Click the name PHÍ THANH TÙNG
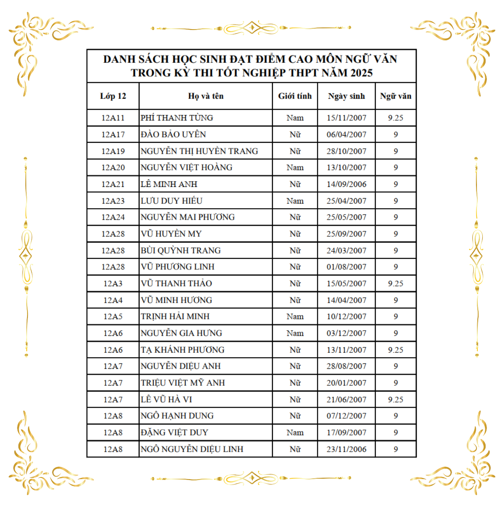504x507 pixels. [x=177, y=118]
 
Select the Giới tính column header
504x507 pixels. [x=295, y=96]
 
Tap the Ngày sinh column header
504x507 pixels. [x=346, y=96]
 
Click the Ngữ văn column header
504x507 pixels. [x=395, y=96]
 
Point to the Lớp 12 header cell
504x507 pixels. [x=113, y=96]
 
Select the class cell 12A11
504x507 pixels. [x=113, y=118]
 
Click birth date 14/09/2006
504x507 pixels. [x=346, y=184]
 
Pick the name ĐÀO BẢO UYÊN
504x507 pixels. [x=173, y=134]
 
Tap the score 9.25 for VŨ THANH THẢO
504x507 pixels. [x=395, y=283]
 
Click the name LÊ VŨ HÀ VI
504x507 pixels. [x=166, y=400]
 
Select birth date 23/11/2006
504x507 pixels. [x=346, y=449]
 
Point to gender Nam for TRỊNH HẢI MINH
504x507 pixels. [x=295, y=316]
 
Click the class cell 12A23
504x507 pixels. [x=113, y=201]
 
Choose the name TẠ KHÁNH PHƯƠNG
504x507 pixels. [x=182, y=350]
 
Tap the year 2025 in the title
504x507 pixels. [x=361, y=73]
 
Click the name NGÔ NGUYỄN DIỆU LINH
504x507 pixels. [x=192, y=449]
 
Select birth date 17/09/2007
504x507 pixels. [x=346, y=432]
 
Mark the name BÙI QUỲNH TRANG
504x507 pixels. [x=180, y=250]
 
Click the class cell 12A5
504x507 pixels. [x=113, y=316]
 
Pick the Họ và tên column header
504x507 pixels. [x=206, y=96]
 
